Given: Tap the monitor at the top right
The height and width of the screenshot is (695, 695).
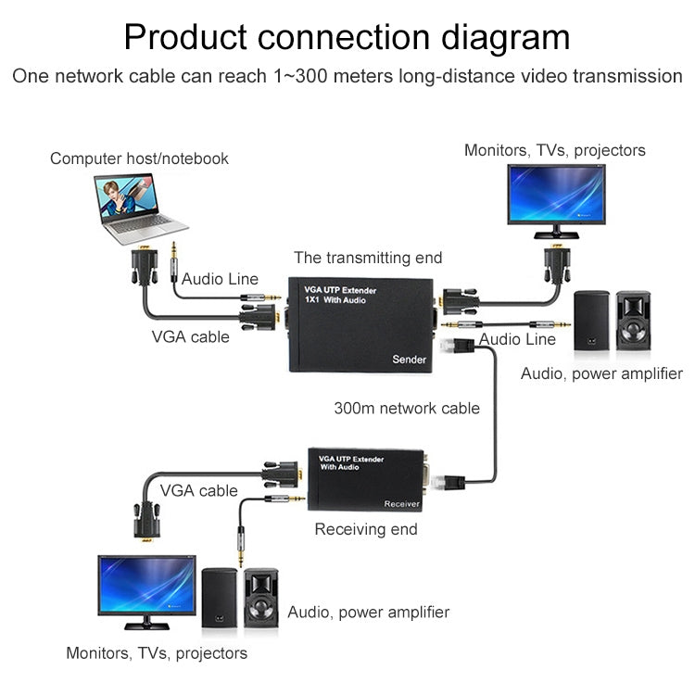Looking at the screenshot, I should [x=556, y=196].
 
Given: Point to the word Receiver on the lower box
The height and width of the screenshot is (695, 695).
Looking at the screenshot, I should [x=401, y=504].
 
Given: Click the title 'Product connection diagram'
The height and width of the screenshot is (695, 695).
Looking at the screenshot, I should [x=347, y=37].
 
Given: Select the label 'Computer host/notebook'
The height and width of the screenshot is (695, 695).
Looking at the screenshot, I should [x=139, y=158].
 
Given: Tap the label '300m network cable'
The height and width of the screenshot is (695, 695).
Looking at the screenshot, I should [x=407, y=408].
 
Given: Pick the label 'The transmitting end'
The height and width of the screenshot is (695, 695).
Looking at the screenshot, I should [x=368, y=258].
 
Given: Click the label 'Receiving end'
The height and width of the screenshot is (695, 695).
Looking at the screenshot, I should [x=366, y=530].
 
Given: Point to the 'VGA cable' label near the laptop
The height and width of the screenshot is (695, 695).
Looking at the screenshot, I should [x=190, y=336].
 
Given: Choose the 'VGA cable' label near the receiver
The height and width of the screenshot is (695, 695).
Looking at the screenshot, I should [x=198, y=490].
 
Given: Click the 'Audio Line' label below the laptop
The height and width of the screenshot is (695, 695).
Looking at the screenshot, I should [x=220, y=279].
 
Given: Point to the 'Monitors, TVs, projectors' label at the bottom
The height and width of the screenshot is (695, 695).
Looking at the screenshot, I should [x=157, y=653].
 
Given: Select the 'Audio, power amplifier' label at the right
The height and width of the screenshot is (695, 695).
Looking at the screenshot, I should [x=601, y=373].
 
